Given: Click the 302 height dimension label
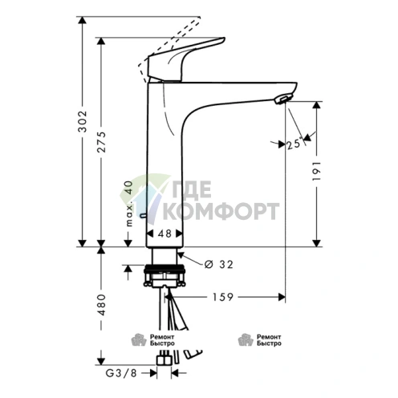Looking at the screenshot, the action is tap(83, 121).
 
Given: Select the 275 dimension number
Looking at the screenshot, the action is tap(102, 142).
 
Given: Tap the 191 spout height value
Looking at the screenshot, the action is tap(316, 171).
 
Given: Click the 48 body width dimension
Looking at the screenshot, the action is tap(164, 234).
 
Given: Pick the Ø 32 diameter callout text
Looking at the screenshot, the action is tap(219, 264).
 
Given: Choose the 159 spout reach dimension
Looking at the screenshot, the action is tap(223, 297).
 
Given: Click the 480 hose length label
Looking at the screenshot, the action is tap(102, 305).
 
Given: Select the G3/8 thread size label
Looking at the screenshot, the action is tap(121, 373).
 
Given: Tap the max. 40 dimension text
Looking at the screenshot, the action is tap(129, 203).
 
